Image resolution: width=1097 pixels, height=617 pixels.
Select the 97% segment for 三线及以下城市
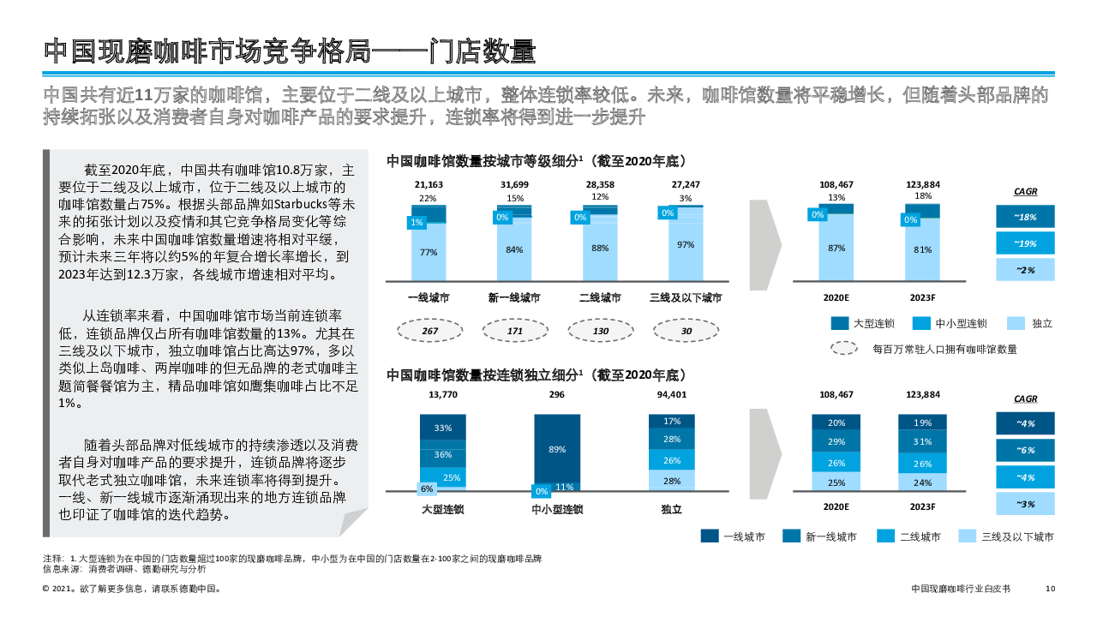pos(686,245)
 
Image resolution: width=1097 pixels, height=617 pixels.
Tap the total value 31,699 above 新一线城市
pos(514,185)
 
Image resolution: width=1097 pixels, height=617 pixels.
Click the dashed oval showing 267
pos(430,331)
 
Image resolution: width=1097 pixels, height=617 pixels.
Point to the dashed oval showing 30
pos(686,331)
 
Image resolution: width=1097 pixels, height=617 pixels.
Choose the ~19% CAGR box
pos(1025,243)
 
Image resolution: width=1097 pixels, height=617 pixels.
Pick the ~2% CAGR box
pos(1025,270)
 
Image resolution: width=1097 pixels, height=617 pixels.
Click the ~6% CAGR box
pos(1025,450)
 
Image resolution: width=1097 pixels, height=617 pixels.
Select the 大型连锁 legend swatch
pos(840,323)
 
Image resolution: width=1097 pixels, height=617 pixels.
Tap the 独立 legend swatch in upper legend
pos(1015,323)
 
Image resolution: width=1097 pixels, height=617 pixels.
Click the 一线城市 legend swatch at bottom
pos(710,536)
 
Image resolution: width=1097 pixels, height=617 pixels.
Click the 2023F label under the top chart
pos(922,297)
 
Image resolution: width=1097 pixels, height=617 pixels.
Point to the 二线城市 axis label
pos(600,297)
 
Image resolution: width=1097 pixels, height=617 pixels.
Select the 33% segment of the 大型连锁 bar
pos(443,428)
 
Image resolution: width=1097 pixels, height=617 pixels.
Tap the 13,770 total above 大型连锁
pos(443,395)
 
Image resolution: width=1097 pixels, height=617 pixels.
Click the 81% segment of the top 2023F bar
pos(922,249)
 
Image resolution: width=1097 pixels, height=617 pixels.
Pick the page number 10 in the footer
pos(1051,589)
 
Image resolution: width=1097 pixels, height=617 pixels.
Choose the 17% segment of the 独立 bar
pos(672,421)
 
